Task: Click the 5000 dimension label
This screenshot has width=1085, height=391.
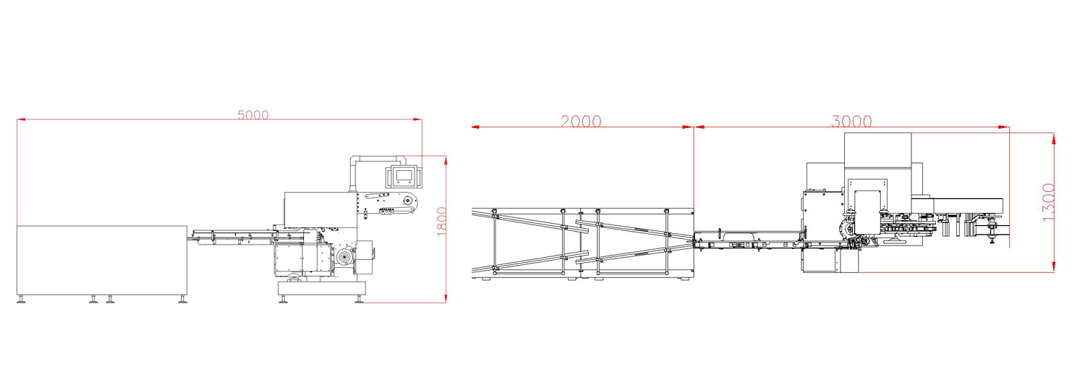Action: (x=253, y=115)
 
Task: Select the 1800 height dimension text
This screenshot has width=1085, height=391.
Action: (x=442, y=222)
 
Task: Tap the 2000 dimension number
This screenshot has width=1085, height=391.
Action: (x=581, y=121)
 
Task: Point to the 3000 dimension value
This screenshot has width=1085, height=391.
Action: (x=851, y=121)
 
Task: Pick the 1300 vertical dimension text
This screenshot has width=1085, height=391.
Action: (x=1047, y=202)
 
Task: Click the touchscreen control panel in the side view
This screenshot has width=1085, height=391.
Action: (x=401, y=176)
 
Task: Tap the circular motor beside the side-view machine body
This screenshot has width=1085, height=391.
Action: (x=346, y=257)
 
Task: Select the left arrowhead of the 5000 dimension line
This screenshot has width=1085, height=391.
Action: (x=21, y=119)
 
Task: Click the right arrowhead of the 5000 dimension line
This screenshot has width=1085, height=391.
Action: (x=417, y=119)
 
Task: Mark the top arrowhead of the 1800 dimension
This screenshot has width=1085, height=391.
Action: (x=445, y=160)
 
